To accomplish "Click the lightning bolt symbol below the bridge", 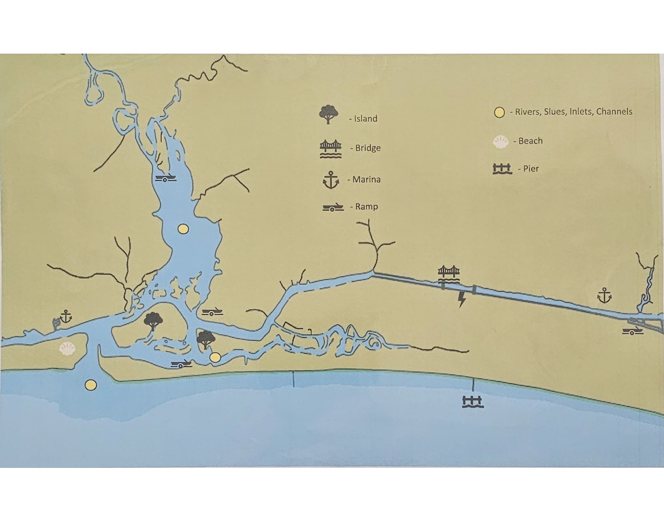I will tap(461, 299).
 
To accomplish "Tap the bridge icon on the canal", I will tap(449, 275).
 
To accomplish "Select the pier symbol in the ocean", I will tap(472, 401).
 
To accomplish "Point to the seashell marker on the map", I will tap(67, 349).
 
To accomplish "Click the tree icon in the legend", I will tap(329, 114).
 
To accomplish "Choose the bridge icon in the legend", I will tap(331, 149).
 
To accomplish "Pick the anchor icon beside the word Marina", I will tap(331, 180).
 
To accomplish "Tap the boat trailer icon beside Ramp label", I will tap(333, 207).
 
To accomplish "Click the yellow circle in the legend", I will tap(499, 112).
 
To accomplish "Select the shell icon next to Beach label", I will tap(501, 141).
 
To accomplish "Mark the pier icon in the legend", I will tap(502, 169).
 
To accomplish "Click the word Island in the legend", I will tap(366, 119).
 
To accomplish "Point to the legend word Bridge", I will tap(368, 148).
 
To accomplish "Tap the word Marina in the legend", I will tap(366, 179).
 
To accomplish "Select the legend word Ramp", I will tap(366, 206).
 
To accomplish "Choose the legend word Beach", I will tap(530, 141).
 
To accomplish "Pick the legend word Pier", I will tap(531, 168).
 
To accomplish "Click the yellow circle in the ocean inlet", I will tap(91, 385).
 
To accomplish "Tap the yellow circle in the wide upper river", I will tap(183, 229).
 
